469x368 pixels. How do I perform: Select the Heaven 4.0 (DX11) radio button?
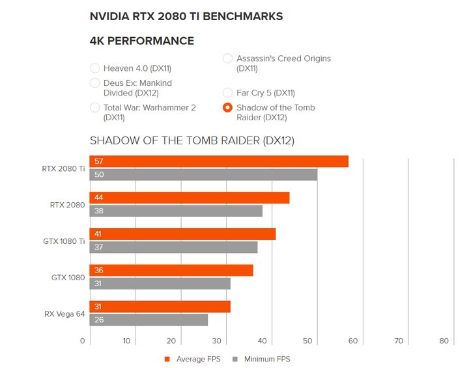coord(95,68)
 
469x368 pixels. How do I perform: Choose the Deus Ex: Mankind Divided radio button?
coord(95,83)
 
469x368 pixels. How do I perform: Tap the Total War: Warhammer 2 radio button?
coord(95,108)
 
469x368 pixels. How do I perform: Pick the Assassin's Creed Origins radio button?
coord(228,59)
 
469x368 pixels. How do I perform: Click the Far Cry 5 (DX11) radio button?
coord(228,93)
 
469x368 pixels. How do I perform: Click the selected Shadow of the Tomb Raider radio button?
coord(228,108)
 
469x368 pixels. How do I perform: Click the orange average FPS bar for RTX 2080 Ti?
coord(219,161)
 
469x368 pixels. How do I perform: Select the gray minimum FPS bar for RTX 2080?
coord(176,211)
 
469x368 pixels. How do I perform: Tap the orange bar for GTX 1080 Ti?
coord(182,234)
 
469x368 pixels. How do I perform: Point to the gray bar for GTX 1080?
coord(160,283)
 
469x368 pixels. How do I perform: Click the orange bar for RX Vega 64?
coord(160,307)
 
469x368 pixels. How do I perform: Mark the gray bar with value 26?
coord(149,320)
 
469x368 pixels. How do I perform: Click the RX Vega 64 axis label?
coord(64,314)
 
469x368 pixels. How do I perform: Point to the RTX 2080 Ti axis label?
coord(63,168)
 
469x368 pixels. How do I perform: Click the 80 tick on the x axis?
coord(444,341)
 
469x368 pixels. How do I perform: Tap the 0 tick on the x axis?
coord(83,341)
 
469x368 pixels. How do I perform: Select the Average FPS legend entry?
coord(193,359)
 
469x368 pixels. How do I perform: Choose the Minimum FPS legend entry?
coord(263,359)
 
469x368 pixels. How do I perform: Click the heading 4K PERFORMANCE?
coord(141,41)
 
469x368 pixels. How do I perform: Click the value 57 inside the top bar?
coord(99,161)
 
